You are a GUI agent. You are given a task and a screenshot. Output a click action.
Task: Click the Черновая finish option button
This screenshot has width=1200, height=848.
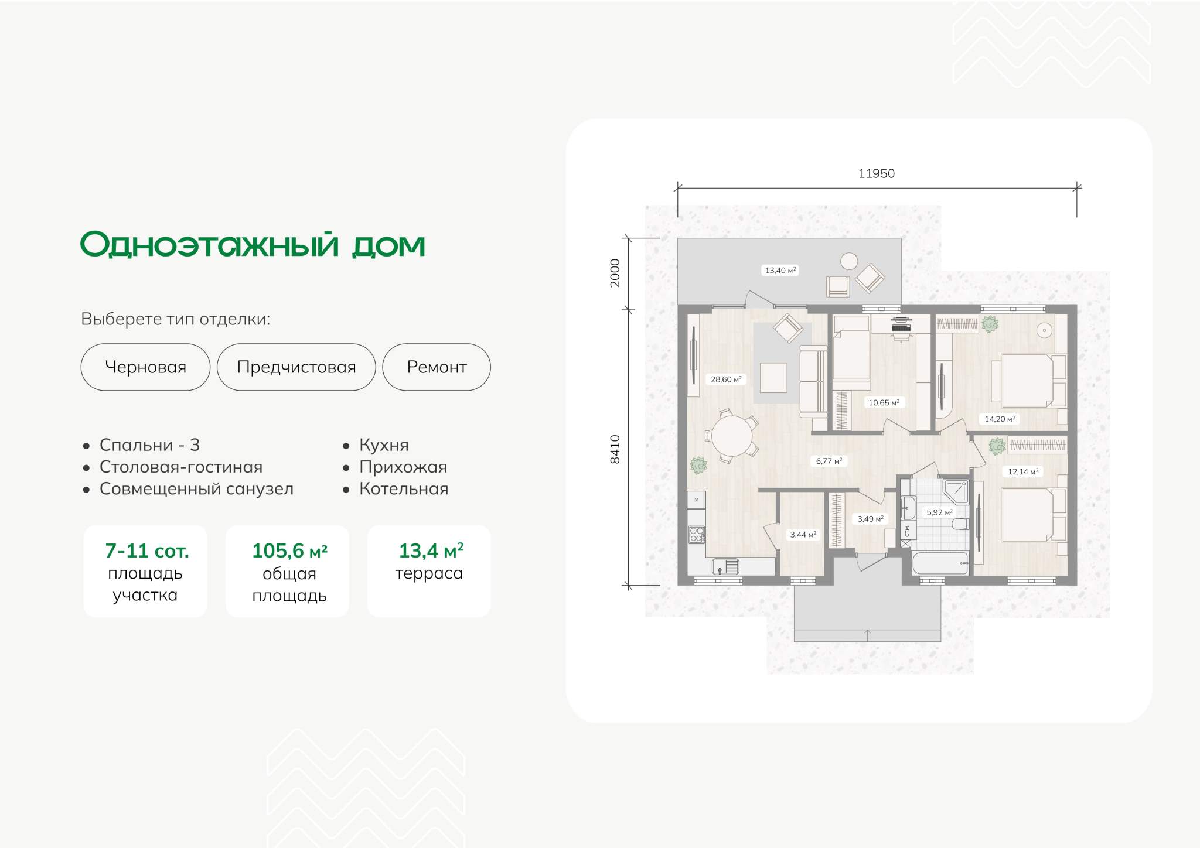[145, 367]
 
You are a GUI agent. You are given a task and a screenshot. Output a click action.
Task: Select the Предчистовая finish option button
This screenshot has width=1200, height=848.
[296, 367]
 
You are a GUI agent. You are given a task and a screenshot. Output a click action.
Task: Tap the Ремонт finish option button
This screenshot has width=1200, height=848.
[437, 367]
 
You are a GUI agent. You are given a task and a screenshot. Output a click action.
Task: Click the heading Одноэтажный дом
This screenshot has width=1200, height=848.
[253, 244]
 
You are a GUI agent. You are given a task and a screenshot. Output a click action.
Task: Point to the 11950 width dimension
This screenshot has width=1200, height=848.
[877, 173]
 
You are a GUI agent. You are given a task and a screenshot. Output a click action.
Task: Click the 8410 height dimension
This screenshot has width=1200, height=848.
[615, 449]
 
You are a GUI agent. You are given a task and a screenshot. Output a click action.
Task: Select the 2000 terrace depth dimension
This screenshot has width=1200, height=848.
[615, 273]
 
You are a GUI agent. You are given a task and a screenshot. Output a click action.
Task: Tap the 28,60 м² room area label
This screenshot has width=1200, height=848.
[726, 379]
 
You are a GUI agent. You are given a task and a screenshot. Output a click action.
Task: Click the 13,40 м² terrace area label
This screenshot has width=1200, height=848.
[780, 270]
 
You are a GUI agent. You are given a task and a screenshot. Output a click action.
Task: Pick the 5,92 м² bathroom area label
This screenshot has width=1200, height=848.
[939, 512]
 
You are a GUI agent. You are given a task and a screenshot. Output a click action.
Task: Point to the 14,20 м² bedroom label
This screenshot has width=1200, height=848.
[1000, 419]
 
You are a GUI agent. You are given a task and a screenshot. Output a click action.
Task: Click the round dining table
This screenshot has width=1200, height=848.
[732, 436]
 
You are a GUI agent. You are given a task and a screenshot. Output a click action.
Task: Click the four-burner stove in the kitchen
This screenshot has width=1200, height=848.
[697, 535]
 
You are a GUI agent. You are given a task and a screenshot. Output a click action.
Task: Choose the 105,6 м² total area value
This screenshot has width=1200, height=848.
[289, 550]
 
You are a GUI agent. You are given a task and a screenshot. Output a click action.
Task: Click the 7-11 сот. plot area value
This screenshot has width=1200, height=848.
[147, 550]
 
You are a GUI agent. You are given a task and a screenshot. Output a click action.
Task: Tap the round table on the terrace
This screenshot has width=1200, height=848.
[849, 261]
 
